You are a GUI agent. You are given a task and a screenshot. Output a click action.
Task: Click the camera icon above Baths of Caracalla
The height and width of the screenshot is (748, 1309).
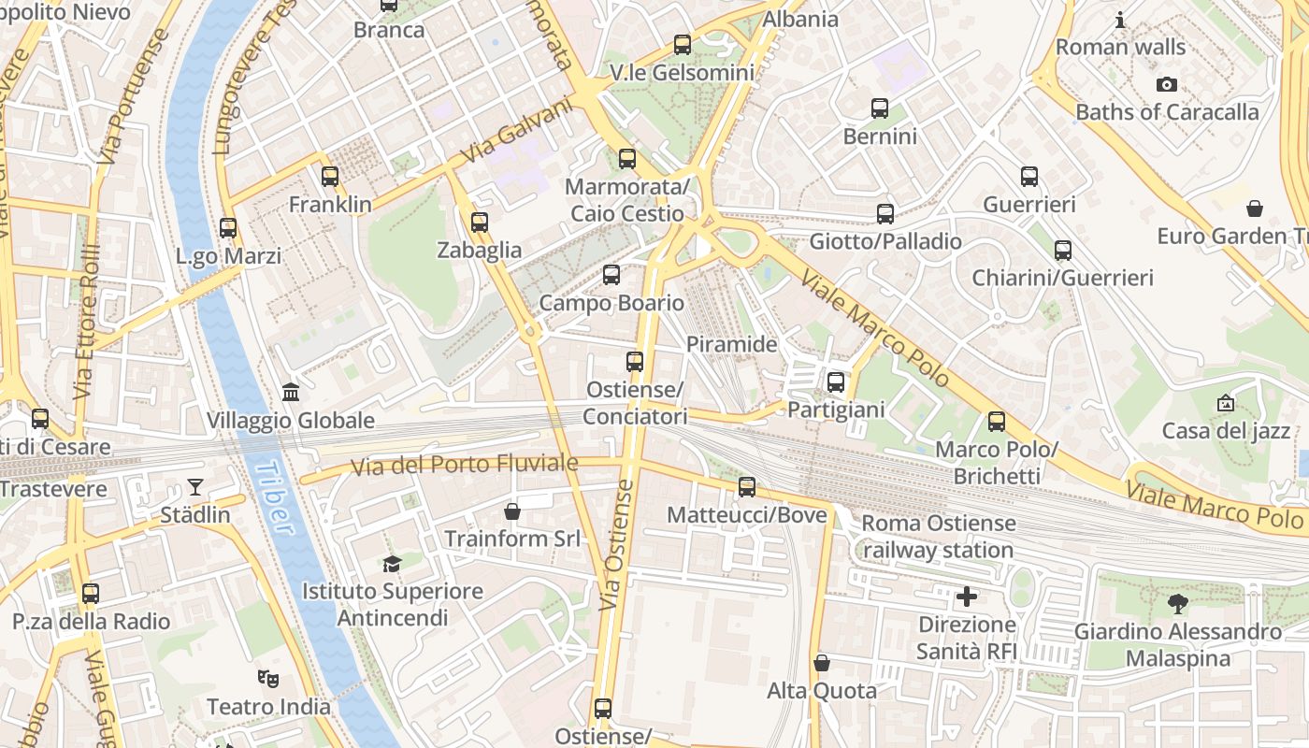[1166, 84]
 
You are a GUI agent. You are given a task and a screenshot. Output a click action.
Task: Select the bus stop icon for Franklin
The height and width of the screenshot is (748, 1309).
[329, 176]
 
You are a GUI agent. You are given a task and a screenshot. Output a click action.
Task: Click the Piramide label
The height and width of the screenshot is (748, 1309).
[731, 344]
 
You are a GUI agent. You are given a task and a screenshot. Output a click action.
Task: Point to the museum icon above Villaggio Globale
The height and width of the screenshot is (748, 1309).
[291, 392]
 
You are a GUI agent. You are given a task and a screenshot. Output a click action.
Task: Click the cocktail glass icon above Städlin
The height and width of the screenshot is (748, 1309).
[194, 486]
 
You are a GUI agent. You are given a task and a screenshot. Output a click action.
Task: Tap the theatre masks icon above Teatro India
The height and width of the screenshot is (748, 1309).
[268, 679]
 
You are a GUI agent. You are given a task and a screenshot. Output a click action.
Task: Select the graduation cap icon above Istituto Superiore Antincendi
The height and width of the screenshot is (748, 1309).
[392, 564]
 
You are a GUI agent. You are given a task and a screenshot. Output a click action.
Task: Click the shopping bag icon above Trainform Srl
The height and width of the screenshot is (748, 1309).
[511, 511]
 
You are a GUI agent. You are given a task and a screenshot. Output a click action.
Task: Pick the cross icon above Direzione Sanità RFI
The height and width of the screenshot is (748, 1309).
[967, 596]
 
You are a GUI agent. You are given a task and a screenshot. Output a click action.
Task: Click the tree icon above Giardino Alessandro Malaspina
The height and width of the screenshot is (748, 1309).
[1177, 603]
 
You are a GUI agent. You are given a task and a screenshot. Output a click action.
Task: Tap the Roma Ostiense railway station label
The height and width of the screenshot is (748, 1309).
[938, 536]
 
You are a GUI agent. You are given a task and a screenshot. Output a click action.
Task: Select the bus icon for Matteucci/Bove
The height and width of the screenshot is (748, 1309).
[746, 486]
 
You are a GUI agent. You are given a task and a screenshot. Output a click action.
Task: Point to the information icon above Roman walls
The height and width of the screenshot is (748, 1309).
[1120, 20]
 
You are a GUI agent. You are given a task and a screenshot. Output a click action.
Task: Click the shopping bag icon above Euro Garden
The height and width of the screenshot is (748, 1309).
[1255, 208]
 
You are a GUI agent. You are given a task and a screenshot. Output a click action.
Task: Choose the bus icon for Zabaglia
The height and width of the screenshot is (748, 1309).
[480, 223]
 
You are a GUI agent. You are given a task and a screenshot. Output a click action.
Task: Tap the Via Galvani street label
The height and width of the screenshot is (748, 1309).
[517, 130]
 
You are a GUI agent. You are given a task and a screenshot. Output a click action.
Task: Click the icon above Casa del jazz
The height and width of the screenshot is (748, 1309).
[1225, 403]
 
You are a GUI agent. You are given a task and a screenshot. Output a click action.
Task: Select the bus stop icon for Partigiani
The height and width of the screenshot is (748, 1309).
[836, 381]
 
